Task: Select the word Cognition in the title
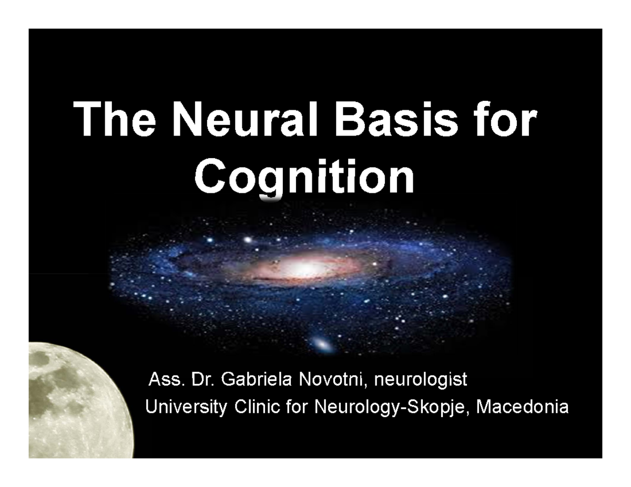(304, 177)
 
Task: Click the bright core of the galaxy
(303, 268)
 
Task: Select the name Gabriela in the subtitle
(259, 379)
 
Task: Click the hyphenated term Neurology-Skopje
(392, 408)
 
